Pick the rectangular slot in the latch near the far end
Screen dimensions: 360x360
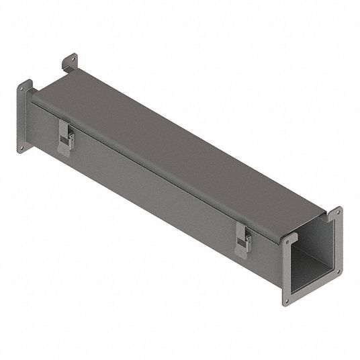(x=64, y=136)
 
